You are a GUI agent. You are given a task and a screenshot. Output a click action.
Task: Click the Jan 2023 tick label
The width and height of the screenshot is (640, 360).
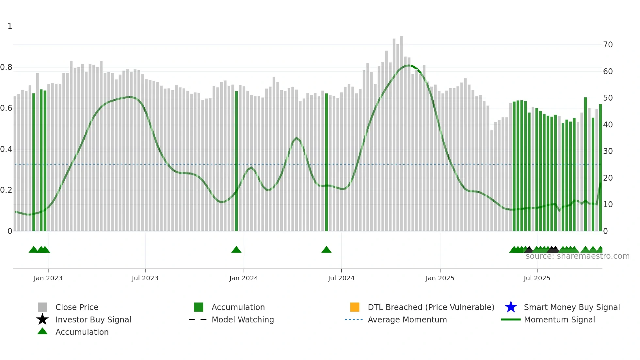point(48,278)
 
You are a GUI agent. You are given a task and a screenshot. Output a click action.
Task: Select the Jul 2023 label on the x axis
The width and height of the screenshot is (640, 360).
point(145,278)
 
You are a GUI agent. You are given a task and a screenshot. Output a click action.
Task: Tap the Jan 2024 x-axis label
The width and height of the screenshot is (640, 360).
point(244,278)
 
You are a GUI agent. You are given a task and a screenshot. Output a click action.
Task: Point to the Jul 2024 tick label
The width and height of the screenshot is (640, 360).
point(341,278)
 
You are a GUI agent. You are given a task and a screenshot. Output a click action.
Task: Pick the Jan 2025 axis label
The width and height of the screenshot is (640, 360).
point(440,278)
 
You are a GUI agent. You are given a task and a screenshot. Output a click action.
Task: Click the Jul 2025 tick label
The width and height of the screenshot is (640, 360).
point(537,278)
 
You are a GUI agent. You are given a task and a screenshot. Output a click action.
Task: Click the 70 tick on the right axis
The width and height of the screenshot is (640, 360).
point(608,45)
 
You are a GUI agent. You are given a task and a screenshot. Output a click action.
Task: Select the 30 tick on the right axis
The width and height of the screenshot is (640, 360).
point(608,151)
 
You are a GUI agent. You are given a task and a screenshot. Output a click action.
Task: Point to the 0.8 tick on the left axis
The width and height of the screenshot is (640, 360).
point(6,68)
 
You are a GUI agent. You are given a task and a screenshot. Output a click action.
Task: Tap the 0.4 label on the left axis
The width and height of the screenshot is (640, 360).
point(6,150)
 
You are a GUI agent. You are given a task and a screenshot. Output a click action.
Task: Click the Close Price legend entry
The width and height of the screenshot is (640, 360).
point(77,307)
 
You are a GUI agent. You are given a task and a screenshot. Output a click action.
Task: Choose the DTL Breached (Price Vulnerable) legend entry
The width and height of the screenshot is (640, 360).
point(431,307)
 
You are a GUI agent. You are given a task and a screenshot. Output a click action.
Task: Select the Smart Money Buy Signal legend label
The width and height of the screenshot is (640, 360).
point(571,307)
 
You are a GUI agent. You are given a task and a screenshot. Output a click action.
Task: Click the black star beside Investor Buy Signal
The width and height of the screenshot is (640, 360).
point(42,319)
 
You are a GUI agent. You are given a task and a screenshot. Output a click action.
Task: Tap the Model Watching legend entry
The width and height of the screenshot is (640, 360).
point(243,320)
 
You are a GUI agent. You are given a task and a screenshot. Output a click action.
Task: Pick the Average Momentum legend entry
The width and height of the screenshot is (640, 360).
point(407,320)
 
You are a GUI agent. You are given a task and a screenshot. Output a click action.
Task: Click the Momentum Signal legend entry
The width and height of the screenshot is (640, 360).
point(559,320)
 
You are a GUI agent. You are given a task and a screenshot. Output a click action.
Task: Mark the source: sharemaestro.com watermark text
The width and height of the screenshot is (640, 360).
point(577,256)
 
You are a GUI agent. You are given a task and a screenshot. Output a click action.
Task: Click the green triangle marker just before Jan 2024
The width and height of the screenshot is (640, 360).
point(236,250)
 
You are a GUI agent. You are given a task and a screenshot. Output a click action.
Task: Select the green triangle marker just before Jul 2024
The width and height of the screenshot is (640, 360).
point(327,250)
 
